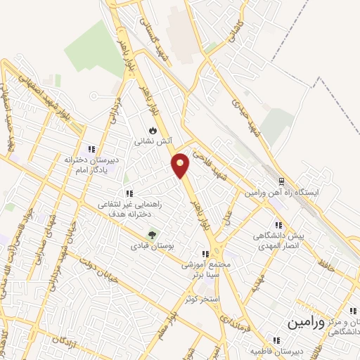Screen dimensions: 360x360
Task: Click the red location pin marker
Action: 181,165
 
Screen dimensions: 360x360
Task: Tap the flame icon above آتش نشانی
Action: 153,130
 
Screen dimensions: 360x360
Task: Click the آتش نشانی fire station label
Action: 153,141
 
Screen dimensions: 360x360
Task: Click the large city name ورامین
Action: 307,323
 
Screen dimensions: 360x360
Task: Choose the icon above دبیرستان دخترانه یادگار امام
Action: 91,149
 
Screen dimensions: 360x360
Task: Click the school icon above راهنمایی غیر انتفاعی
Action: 129,193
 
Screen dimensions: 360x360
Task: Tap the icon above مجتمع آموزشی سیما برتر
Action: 205,254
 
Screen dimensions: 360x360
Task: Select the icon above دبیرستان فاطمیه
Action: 276,340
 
